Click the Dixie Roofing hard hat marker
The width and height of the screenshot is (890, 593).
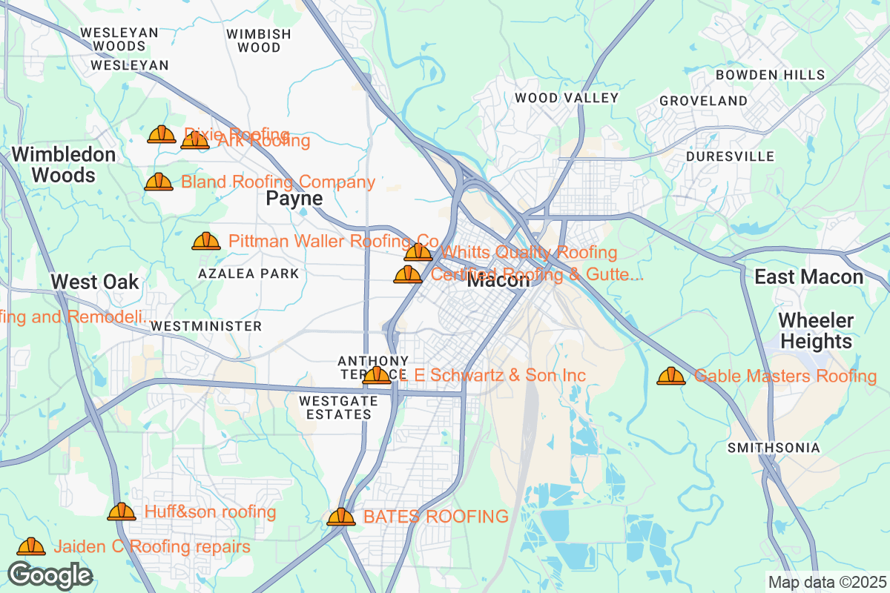[161, 134]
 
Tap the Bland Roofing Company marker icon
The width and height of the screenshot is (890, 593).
[158, 182]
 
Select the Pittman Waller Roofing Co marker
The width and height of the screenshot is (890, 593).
[205, 241]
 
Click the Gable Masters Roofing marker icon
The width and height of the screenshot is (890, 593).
[670, 376]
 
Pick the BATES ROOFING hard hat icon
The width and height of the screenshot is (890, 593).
[340, 517]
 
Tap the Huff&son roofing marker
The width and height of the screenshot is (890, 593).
[122, 511]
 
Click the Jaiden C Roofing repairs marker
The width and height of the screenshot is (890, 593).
[31, 546]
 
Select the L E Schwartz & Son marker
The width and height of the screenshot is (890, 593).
[377, 375]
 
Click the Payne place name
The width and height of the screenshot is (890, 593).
[294, 199]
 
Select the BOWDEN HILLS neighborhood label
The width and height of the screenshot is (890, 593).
[770, 75]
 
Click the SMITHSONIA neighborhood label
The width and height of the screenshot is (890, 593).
[774, 448]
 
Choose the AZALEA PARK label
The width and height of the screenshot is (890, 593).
[248, 274]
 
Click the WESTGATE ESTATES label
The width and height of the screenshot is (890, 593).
[337, 407]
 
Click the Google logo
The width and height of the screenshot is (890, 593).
[50, 574]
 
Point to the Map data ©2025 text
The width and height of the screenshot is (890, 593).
[826, 582]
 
